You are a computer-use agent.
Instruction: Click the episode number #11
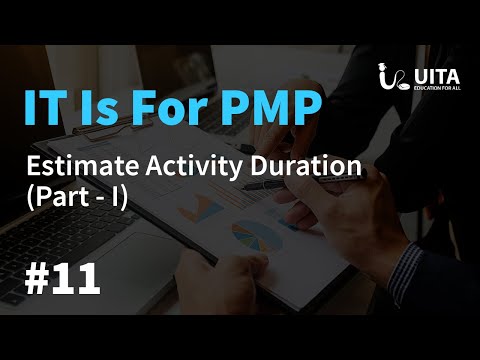click(62, 277)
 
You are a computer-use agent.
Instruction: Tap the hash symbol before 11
click(36, 277)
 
